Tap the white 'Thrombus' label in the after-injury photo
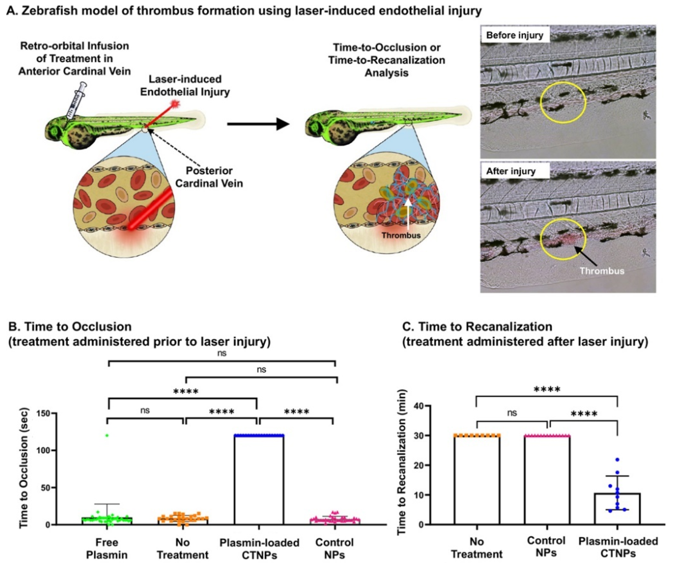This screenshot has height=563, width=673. (x=602, y=271)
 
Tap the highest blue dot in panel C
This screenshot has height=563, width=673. (x=617, y=460)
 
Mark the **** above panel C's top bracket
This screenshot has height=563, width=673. (x=547, y=390)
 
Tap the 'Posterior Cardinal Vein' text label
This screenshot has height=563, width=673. (x=209, y=177)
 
